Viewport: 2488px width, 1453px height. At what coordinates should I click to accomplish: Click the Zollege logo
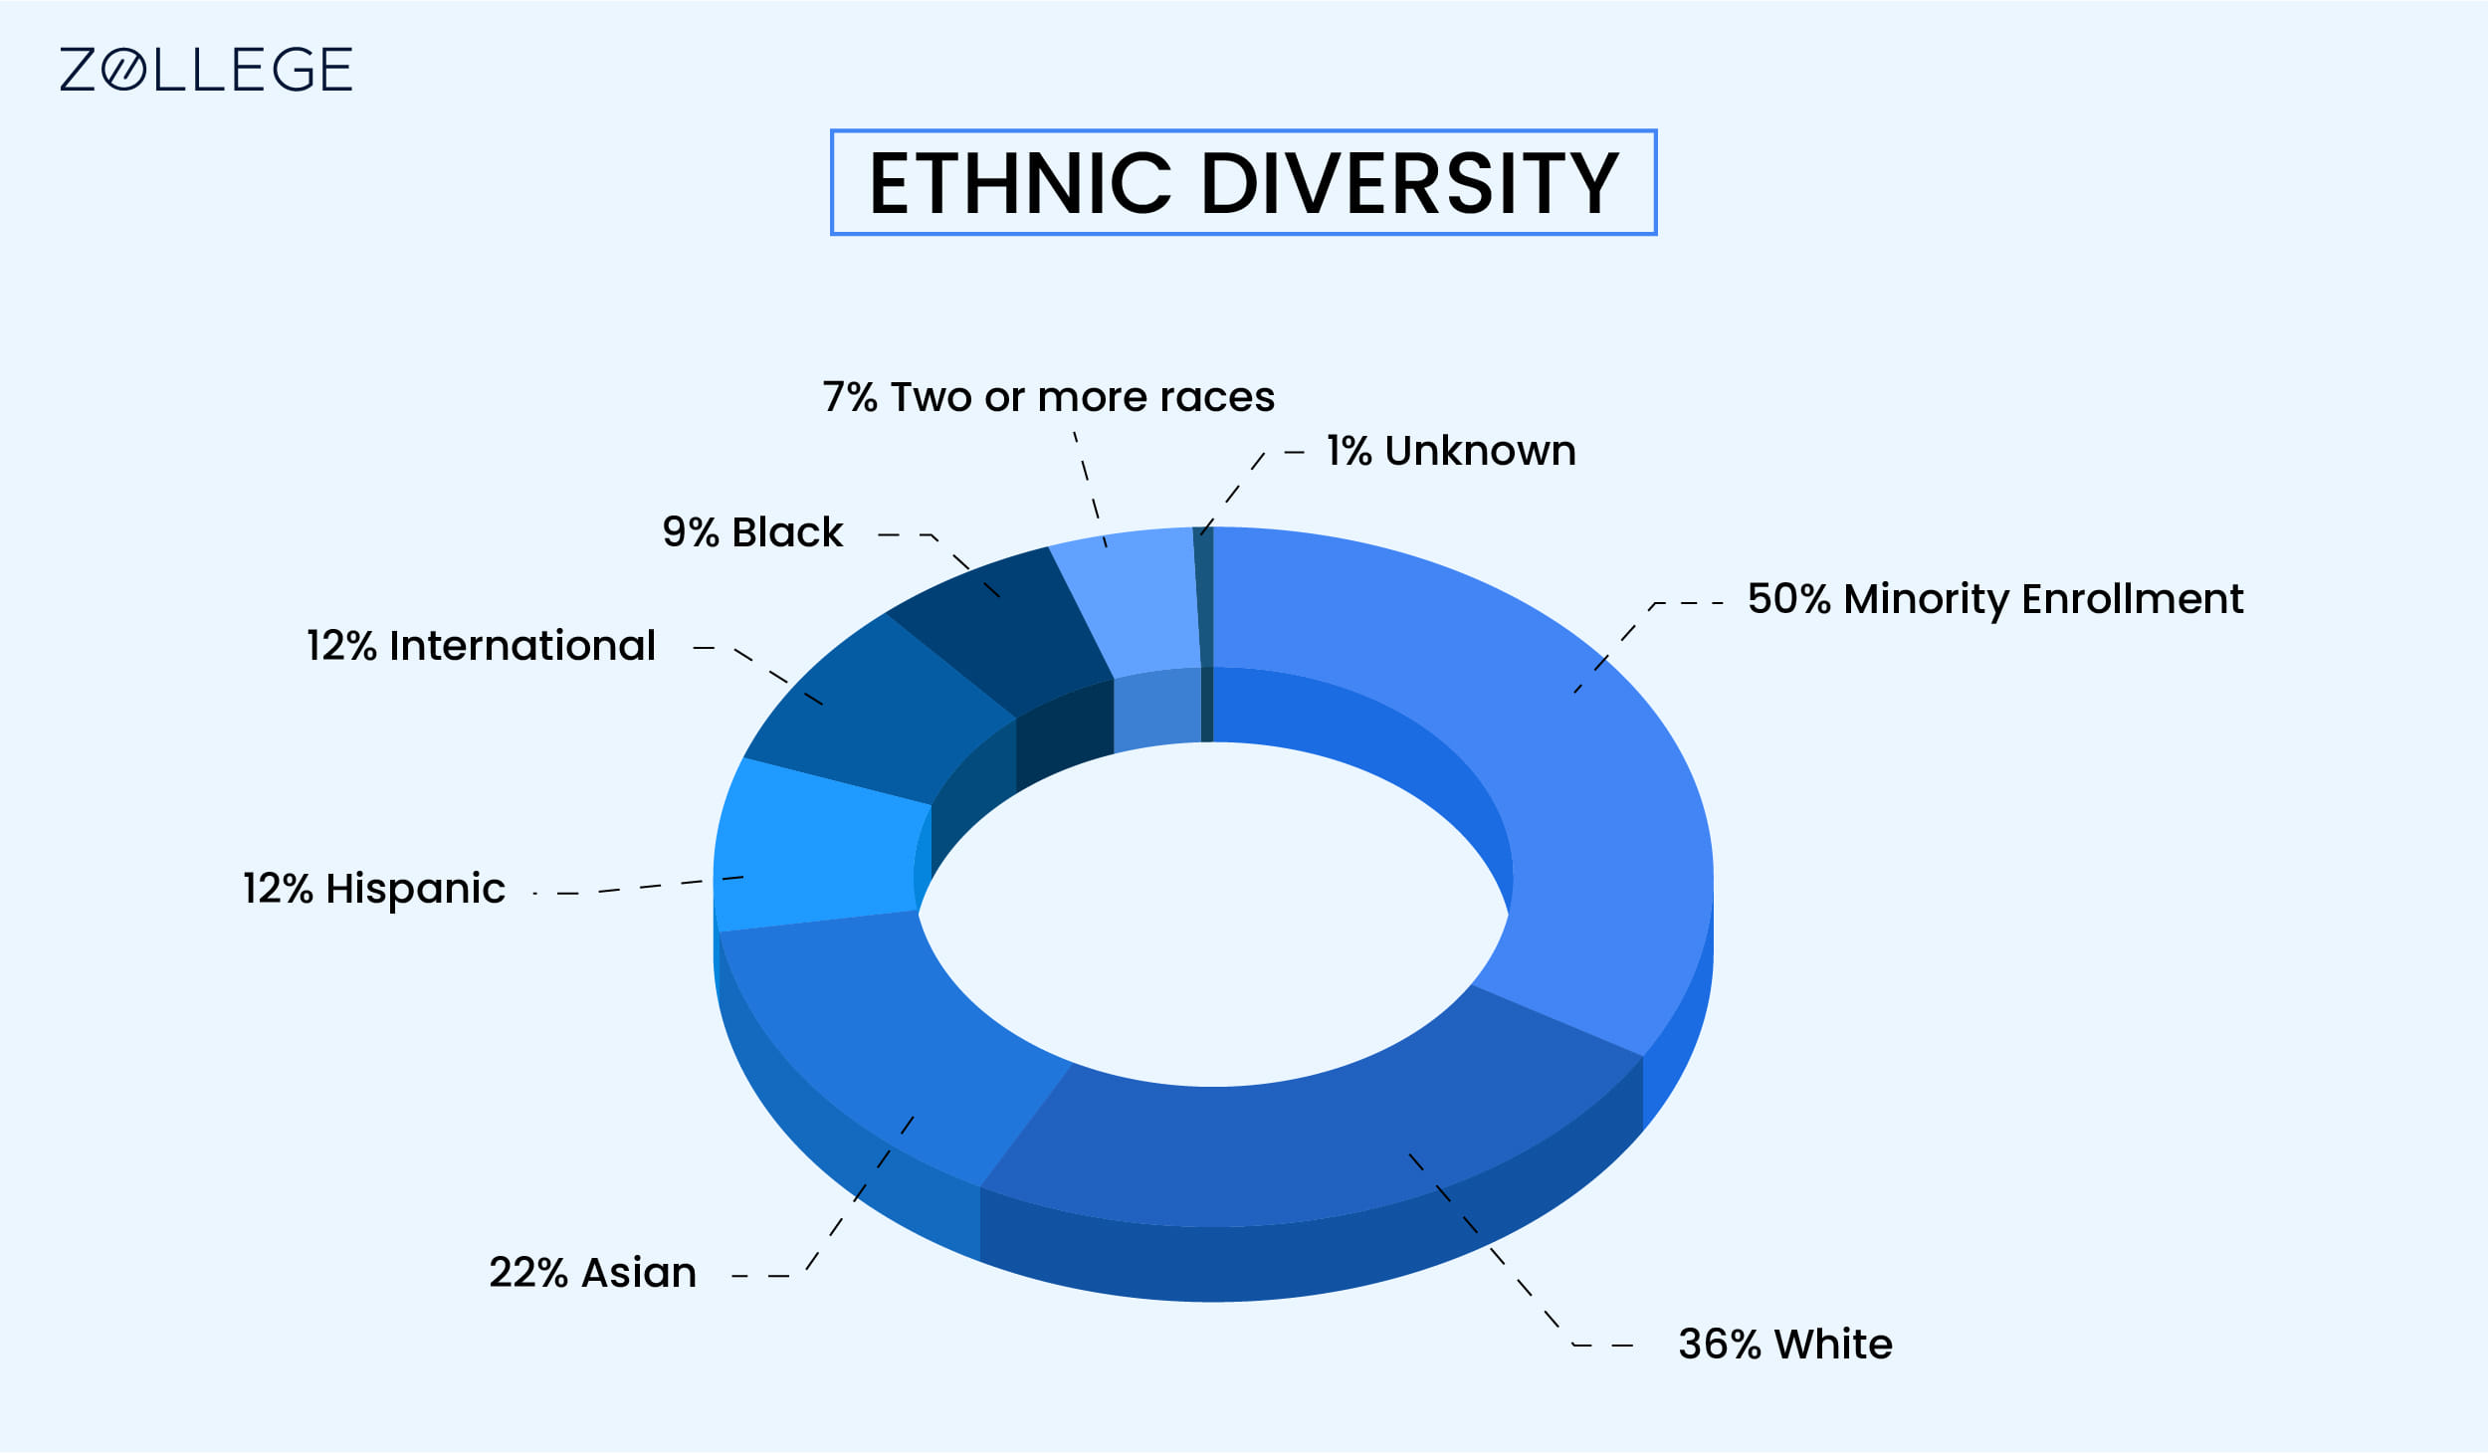(206, 70)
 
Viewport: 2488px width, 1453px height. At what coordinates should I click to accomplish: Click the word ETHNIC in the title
(1020, 183)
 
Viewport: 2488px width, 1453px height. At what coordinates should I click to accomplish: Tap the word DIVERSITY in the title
(1410, 183)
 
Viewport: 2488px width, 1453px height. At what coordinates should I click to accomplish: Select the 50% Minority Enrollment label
(1995, 600)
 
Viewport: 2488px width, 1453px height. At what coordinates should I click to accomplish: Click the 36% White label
(1785, 1344)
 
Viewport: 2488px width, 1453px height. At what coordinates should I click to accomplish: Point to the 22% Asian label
(592, 1273)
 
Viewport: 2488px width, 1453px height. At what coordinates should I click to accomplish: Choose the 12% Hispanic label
(374, 889)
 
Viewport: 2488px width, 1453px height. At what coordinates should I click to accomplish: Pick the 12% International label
(481, 646)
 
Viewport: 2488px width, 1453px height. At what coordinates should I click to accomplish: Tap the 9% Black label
(752, 532)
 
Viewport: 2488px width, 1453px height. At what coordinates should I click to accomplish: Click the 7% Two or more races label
(1049, 397)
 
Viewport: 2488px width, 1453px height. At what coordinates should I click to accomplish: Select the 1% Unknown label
(1451, 451)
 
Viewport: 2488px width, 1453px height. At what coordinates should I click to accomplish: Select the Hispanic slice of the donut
(821, 846)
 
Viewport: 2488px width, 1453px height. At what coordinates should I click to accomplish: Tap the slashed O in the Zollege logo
(124, 70)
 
